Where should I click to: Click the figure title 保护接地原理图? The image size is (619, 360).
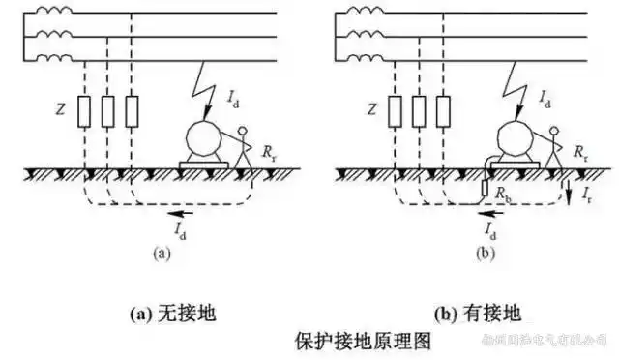[361, 342]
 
